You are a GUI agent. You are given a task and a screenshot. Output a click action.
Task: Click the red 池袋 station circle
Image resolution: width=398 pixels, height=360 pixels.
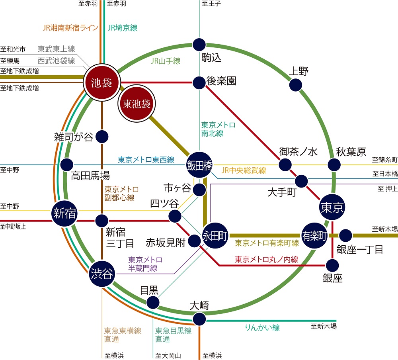coord(101,82)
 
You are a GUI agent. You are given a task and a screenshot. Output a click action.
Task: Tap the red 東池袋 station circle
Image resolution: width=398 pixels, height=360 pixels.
coord(137,104)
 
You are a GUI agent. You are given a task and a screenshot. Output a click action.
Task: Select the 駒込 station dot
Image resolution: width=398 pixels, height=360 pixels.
coord(199,45)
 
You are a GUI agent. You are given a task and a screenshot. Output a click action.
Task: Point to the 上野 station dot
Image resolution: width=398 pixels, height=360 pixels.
coord(295,85)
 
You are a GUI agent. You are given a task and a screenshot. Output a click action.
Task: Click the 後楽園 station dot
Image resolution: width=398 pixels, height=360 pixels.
coord(199,82)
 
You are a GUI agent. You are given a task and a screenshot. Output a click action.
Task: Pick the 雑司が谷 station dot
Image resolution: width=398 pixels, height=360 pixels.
coord(102,137)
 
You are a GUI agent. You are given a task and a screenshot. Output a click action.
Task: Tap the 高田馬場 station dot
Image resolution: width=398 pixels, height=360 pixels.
coord(67,164)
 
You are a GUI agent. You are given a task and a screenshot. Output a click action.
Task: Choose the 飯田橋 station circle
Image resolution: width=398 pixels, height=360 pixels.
coord(199,165)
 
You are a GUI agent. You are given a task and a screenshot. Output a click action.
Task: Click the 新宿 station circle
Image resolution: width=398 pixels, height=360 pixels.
coord(64,213)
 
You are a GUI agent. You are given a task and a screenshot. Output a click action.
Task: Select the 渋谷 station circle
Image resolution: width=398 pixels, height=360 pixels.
coord(102,274)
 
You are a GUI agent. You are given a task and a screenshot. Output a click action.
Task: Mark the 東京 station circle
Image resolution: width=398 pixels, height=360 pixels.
coord(332,207)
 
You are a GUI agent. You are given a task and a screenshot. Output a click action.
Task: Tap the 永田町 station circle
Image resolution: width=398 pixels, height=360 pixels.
coord(215,235)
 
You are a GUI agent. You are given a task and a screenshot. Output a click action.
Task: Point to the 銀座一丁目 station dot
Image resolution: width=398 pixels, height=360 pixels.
coord(345,235)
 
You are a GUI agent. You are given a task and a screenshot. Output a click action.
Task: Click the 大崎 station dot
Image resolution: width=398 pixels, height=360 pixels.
coord(199,319)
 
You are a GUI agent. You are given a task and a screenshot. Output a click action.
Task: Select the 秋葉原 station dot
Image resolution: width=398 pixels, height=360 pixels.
coord(334,164)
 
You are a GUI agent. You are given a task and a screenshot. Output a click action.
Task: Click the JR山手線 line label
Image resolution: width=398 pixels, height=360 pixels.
coord(166,61)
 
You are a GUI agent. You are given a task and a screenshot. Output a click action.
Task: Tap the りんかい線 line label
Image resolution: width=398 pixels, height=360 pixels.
coord(262,327)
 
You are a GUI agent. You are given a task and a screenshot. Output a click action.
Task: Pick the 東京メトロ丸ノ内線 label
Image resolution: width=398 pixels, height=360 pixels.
coord(266,259)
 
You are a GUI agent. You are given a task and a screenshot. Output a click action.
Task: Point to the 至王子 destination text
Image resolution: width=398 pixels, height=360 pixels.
coord(211,3)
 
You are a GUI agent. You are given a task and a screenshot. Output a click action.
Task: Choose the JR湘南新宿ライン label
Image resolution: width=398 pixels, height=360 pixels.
coord(70,28)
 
